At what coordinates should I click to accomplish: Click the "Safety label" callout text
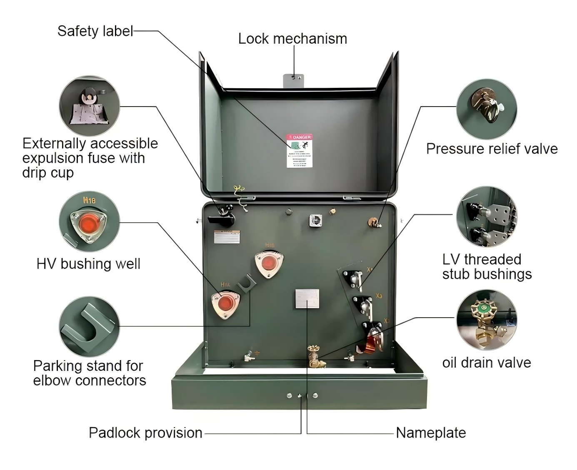(x=95, y=31)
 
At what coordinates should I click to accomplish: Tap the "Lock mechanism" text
(x=292, y=39)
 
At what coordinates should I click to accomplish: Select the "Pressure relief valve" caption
(x=492, y=149)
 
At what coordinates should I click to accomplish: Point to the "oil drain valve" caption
(x=486, y=363)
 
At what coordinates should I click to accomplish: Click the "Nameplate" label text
(x=431, y=433)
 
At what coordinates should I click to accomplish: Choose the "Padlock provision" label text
(x=145, y=433)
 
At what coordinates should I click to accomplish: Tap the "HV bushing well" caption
(x=88, y=264)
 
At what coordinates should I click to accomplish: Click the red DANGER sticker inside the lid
(x=299, y=151)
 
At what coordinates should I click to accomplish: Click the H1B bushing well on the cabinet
(x=269, y=264)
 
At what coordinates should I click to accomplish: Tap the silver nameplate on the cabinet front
(x=307, y=298)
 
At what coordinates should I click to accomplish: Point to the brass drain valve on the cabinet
(x=315, y=357)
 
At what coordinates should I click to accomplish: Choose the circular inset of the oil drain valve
(x=487, y=320)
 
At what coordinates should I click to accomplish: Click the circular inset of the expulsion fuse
(x=90, y=106)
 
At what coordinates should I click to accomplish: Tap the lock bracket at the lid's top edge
(x=294, y=81)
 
